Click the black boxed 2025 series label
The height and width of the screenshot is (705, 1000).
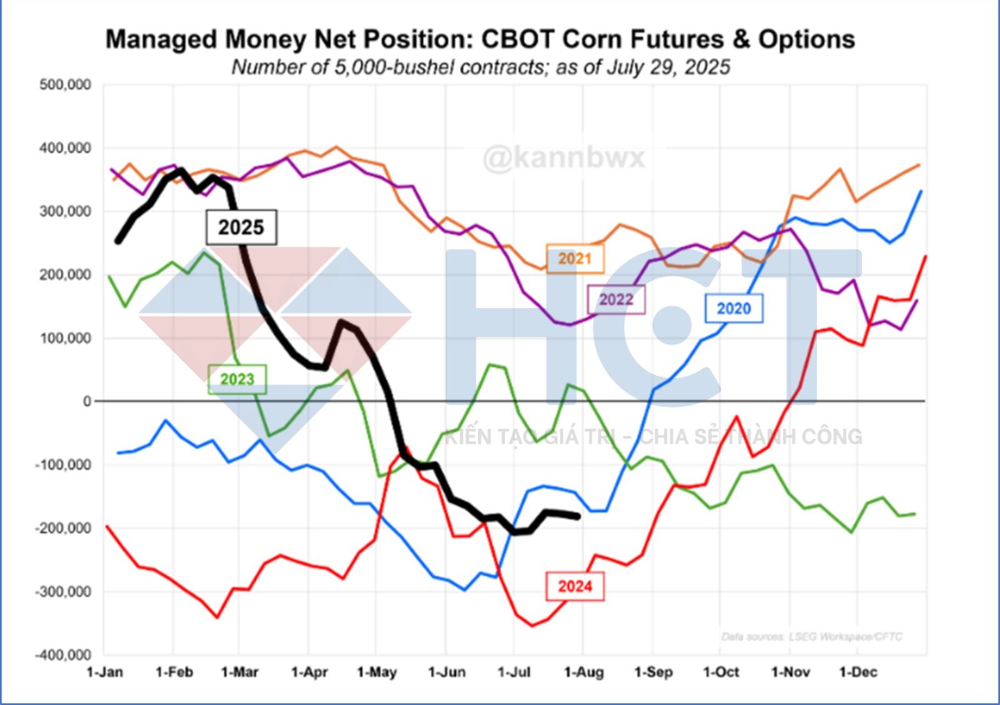[241, 227]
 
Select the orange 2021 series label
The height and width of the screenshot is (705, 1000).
[574, 259]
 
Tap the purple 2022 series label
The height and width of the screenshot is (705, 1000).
[616, 300]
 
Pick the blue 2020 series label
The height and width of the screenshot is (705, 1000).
[734, 309]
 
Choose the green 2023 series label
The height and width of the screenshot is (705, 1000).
[237, 379]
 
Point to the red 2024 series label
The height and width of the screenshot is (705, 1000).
[575, 586]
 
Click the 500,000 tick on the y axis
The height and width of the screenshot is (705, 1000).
[65, 85]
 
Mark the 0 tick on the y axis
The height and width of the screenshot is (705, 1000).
[87, 402]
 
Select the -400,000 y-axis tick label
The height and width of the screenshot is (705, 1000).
[63, 655]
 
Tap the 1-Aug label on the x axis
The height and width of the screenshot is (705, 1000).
[584, 672]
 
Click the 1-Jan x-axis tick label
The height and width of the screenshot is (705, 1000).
[104, 672]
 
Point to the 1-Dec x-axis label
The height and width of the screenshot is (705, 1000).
[858, 672]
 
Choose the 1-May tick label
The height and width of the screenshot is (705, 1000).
[377, 672]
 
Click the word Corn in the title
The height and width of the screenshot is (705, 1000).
[592, 39]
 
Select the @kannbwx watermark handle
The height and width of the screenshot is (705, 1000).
[564, 157]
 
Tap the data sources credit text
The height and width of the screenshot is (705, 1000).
[812, 637]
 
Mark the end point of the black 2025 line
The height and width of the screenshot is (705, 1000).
[578, 516]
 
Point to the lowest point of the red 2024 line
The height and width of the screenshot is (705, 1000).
[532, 625]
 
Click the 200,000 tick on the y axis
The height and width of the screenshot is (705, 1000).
[65, 275]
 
